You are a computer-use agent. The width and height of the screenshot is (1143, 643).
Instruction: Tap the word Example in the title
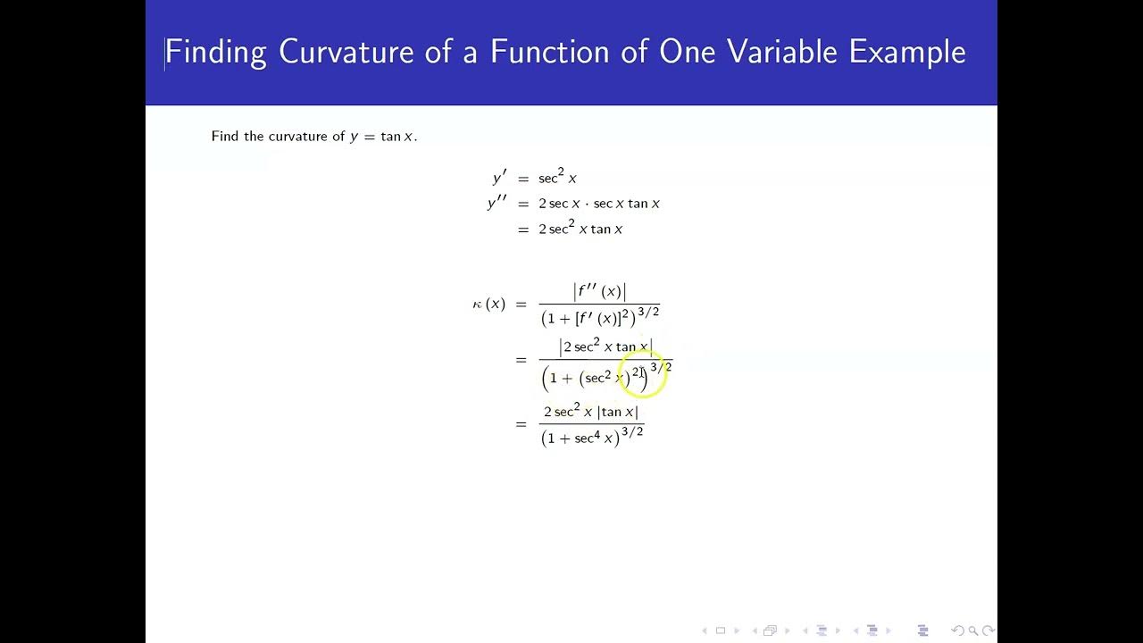pyautogui.click(x=906, y=52)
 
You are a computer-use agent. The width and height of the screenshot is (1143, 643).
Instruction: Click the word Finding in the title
pyautogui.click(x=215, y=52)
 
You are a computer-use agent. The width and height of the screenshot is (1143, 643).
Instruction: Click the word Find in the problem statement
pyautogui.click(x=225, y=137)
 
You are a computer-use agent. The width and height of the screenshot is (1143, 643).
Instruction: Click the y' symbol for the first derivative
pyautogui.click(x=499, y=179)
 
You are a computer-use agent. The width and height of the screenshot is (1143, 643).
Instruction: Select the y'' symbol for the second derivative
pyautogui.click(x=497, y=204)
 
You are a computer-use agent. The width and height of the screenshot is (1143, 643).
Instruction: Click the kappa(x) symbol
pyautogui.click(x=488, y=305)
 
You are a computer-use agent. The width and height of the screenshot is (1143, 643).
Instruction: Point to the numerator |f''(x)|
pyautogui.click(x=599, y=292)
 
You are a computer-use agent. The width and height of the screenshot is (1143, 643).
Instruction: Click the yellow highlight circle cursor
pyautogui.click(x=642, y=372)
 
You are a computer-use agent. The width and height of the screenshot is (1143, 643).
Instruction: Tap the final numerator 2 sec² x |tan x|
pyautogui.click(x=591, y=412)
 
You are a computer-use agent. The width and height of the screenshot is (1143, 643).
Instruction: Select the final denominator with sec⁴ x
pyautogui.click(x=592, y=436)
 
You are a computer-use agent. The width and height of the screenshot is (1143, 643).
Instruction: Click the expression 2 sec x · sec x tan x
pyautogui.click(x=598, y=204)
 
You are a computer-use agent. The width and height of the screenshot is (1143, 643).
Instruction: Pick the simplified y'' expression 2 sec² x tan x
pyautogui.click(x=580, y=229)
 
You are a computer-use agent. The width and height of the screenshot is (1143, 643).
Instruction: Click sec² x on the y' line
pyautogui.click(x=557, y=179)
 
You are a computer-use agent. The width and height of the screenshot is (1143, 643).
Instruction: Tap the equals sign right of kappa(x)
pyautogui.click(x=521, y=305)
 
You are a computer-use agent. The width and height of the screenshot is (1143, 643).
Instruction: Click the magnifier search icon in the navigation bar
pyautogui.click(x=973, y=630)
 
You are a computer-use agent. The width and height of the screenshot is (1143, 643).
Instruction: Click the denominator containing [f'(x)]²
pyautogui.click(x=599, y=317)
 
